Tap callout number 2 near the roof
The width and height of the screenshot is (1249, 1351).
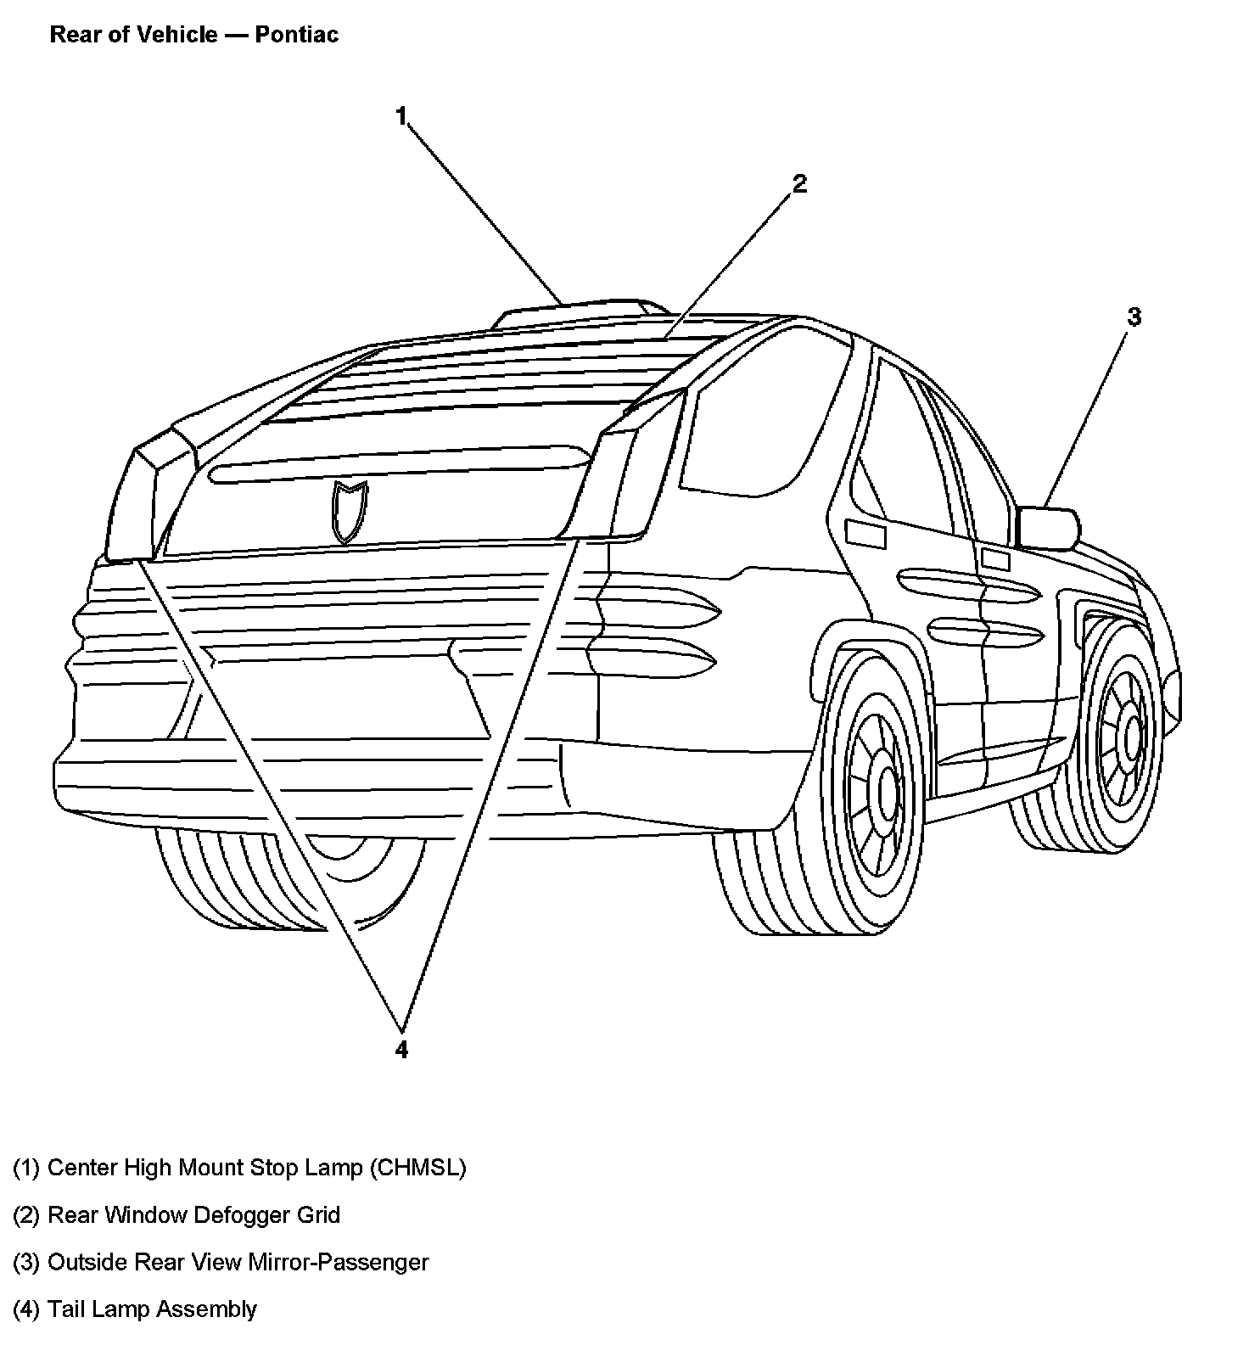tap(798, 183)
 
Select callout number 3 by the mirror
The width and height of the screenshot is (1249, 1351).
tap(1134, 317)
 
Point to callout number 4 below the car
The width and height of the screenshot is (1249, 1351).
tap(401, 1050)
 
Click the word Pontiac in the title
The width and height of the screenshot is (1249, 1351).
tap(296, 35)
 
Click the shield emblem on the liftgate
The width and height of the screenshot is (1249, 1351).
tap(350, 511)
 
